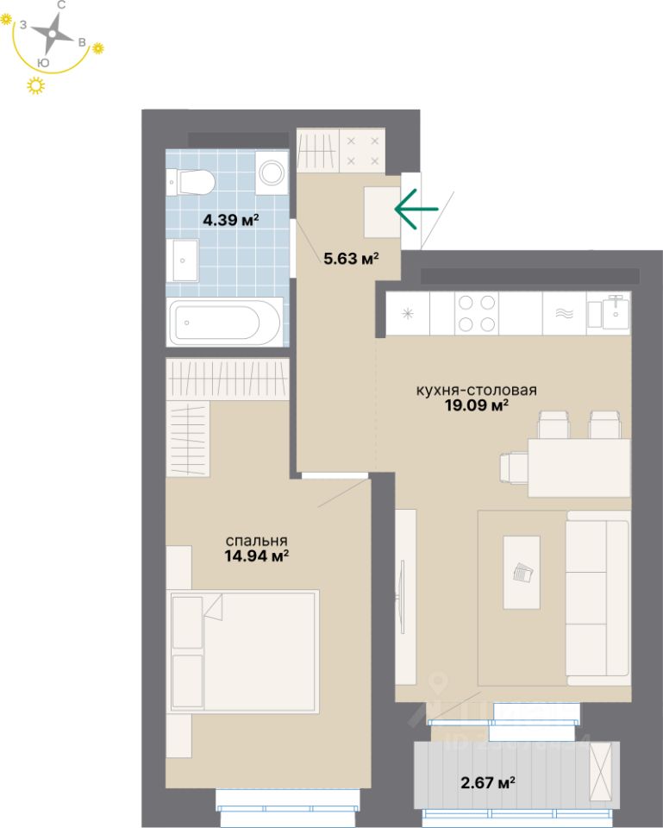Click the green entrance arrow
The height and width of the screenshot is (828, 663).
pyautogui.click(x=416, y=209)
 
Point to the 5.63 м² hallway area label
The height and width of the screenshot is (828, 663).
pyautogui.click(x=352, y=257)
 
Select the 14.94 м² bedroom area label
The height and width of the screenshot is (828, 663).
pyautogui.click(x=255, y=556)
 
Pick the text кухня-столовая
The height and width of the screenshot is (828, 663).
pyautogui.click(x=476, y=389)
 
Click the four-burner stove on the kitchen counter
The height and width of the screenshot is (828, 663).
pyautogui.click(x=476, y=313)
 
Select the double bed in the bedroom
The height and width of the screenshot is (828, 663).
pyautogui.click(x=245, y=651)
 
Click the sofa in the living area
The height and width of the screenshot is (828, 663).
pyautogui.click(x=597, y=596)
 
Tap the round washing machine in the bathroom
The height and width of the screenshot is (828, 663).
pyautogui.click(x=273, y=172)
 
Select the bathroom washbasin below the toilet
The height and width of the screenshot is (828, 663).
pyautogui.click(x=185, y=260)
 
